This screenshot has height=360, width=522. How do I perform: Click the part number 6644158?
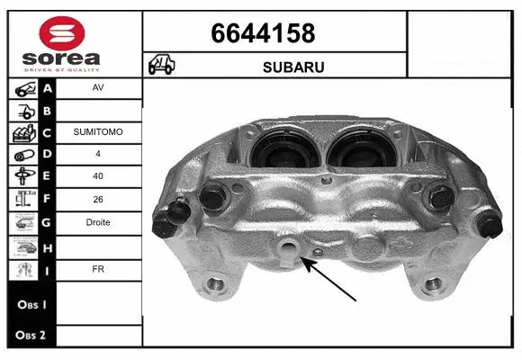coord(263,34)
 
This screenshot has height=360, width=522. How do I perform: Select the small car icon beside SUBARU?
coord(162,66)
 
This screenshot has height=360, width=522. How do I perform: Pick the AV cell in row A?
coord(97,88)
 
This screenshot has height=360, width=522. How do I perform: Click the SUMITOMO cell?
coord(97,132)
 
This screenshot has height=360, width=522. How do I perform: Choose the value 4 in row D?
coord(97,154)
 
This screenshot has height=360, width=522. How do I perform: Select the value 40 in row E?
coord(97,176)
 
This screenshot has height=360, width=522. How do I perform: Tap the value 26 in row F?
coord(97,199)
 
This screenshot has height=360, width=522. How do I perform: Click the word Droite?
coord(97,222)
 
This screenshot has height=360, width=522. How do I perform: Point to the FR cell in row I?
coord(97,268)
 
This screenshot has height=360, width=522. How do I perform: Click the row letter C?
coord(48,132)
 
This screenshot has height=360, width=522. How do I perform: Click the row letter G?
coord(48,222)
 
